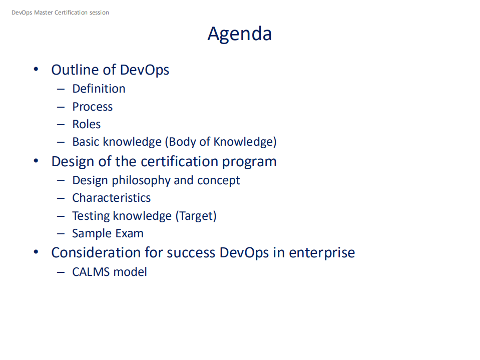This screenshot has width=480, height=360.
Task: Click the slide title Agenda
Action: pyautogui.click(x=239, y=34)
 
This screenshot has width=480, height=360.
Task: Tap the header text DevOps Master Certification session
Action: pyautogui.click(x=60, y=13)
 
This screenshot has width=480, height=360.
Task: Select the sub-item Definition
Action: pyautogui.click(x=99, y=89)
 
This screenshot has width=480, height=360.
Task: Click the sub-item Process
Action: pyautogui.click(x=92, y=107)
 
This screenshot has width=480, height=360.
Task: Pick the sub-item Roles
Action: pyautogui.click(x=86, y=124)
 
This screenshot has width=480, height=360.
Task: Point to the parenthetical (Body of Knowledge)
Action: pyautogui.click(x=220, y=142)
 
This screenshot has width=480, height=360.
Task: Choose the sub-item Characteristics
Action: pyautogui.click(x=111, y=198)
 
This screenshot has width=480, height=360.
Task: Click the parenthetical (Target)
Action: pyautogui.click(x=195, y=216)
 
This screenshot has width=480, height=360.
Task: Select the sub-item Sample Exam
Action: pyautogui.click(x=108, y=233)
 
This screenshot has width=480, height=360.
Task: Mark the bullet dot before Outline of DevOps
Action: pyautogui.click(x=36, y=70)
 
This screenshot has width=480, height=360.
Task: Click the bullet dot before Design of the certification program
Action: pyautogui.click(x=36, y=162)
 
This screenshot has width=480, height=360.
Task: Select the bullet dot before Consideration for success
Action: pyautogui.click(x=36, y=252)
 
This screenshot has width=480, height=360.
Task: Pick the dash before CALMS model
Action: pyautogui.click(x=61, y=272)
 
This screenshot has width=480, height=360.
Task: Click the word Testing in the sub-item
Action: pyautogui.click(x=91, y=216)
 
